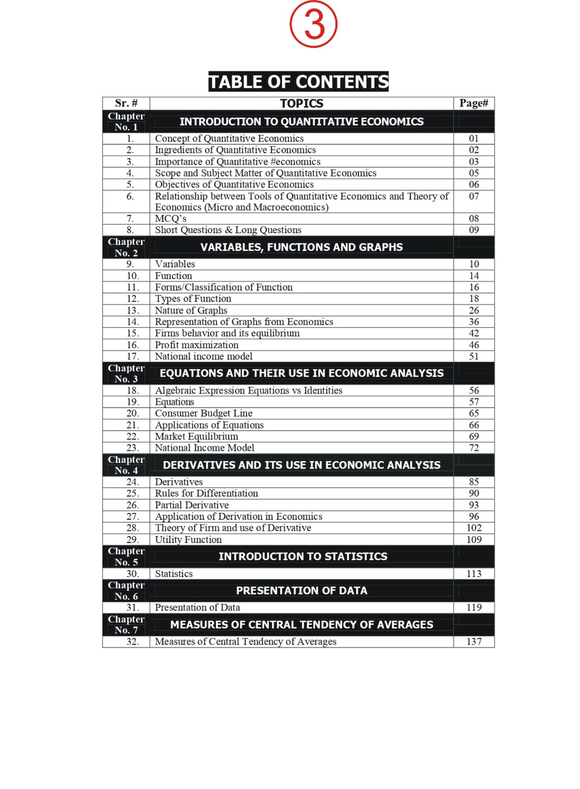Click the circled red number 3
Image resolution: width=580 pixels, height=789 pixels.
click(x=313, y=24)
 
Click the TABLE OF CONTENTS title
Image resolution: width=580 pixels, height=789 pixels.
click(x=298, y=81)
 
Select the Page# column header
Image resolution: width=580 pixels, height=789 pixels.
click(x=473, y=103)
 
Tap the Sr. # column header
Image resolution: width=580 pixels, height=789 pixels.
click(x=126, y=103)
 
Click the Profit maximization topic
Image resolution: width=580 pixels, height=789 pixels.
click(x=196, y=345)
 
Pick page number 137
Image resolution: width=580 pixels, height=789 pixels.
click(x=474, y=642)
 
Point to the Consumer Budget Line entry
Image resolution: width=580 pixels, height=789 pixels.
click(x=203, y=413)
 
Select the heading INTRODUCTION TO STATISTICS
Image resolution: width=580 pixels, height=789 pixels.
click(x=303, y=557)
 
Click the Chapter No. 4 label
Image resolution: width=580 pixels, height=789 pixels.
click(x=126, y=465)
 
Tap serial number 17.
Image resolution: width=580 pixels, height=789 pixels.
click(x=133, y=357)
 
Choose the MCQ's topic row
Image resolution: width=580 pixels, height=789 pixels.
click(x=171, y=218)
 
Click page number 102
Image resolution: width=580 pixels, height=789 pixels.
click(x=474, y=528)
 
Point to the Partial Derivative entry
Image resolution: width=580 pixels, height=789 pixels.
click(x=192, y=505)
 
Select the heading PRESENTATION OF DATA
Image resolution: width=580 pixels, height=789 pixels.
click(x=301, y=591)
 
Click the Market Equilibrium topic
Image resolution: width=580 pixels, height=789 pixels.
click(x=196, y=436)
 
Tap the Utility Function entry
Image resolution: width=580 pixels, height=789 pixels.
click(x=188, y=540)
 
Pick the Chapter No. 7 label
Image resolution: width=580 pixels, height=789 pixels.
click(x=126, y=625)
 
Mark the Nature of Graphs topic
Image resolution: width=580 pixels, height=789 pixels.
click(x=191, y=311)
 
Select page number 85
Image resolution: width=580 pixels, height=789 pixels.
click(x=474, y=482)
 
